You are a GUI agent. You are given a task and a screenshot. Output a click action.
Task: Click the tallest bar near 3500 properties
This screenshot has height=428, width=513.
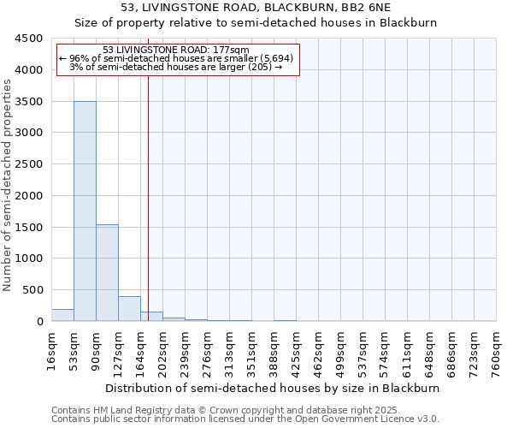85,211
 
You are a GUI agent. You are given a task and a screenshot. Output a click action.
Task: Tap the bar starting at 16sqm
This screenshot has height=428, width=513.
62,315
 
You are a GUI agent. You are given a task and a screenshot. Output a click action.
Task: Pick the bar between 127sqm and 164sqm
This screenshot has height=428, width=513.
129,308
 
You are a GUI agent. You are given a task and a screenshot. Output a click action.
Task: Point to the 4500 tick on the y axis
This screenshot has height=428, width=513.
28,39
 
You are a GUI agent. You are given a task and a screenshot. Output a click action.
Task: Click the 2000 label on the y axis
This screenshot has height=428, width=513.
28,195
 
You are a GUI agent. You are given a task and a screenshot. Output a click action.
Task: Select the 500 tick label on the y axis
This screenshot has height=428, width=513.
32,290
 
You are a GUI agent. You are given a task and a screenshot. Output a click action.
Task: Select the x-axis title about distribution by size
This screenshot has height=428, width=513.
273,388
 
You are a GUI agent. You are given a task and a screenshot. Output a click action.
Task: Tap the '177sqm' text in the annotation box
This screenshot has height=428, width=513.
231,50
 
